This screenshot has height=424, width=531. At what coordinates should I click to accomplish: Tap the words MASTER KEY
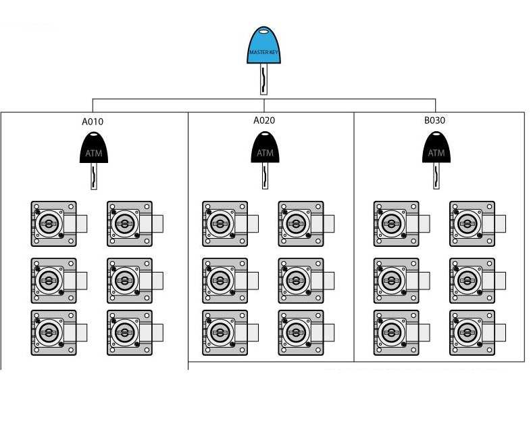pos(263,52)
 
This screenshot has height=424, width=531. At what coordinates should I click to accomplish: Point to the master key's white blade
pos(263,79)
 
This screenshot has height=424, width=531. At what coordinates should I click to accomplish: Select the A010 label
pos(93,121)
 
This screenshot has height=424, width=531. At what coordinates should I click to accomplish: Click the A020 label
pos(264,120)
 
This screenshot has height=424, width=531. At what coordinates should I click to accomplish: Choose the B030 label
pos(435,120)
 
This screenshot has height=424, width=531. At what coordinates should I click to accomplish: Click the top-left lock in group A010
pos(59,224)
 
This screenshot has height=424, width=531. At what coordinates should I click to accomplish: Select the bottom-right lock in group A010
pos(135,333)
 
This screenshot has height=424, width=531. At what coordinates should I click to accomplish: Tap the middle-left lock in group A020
pos(230,281)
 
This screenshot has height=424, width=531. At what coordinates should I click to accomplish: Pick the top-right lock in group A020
pos(306,224)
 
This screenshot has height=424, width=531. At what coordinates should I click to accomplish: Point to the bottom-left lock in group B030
pos(402,333)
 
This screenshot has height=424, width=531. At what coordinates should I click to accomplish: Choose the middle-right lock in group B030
pos(478,281)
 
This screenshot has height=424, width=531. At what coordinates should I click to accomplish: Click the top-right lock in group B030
pos(478,224)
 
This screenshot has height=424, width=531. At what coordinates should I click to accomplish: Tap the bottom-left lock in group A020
pos(230,333)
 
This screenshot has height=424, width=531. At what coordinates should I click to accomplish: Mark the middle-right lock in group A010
pos(135,281)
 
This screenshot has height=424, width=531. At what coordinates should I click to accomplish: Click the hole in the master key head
pos(263,32)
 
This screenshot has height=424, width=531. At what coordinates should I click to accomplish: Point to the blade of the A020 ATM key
pos(265,176)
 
